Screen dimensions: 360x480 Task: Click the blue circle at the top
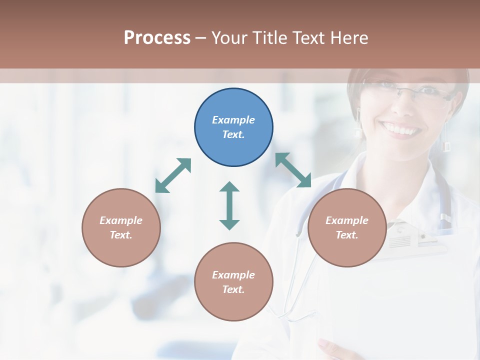click(233, 127)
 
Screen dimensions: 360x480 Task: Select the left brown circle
click(121, 227)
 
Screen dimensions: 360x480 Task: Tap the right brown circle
click(347, 227)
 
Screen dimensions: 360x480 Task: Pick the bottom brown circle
click(233, 282)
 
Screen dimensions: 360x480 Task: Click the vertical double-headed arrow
click(229, 205)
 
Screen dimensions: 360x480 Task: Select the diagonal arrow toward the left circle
click(173, 175)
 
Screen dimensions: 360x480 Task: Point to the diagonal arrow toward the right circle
click(293, 170)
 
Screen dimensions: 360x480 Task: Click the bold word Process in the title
click(157, 38)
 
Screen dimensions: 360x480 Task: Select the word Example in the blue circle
click(233, 120)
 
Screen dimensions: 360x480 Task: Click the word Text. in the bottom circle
click(233, 289)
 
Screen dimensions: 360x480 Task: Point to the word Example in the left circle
click(121, 220)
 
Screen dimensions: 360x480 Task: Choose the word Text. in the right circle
click(347, 235)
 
